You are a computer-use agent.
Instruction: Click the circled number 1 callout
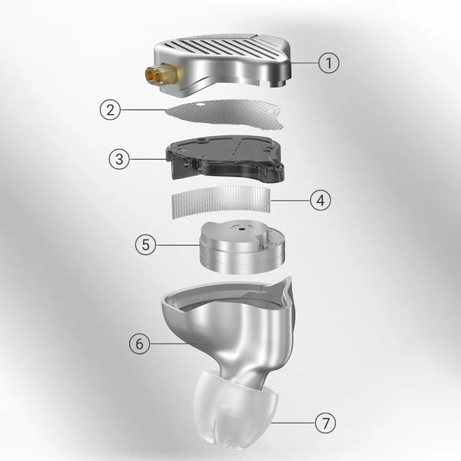pyautogui.click(x=329, y=63)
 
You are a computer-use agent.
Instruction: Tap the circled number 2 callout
pyautogui.click(x=110, y=110)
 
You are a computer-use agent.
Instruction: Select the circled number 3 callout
pyautogui.click(x=119, y=159)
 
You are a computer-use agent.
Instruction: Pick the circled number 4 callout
pyautogui.click(x=320, y=201)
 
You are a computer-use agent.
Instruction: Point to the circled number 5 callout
pyautogui.click(x=145, y=244)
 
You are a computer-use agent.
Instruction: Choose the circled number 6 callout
pyautogui.click(x=139, y=343)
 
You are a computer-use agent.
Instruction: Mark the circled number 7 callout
pyautogui.click(x=325, y=423)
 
